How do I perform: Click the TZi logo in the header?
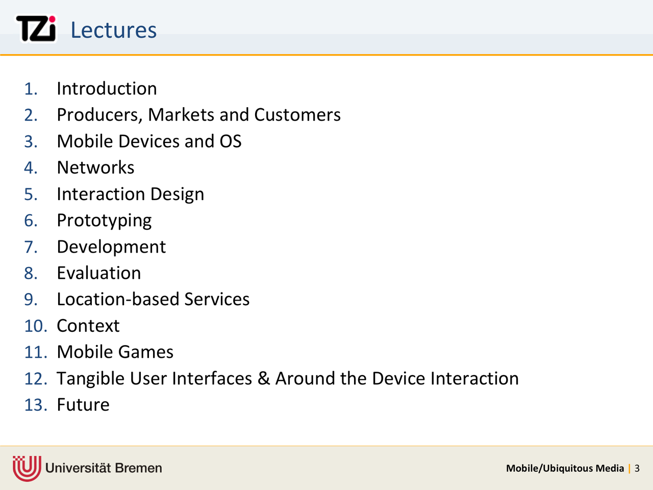click(x=36, y=29)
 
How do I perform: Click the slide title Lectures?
click(x=113, y=30)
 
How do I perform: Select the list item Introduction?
click(x=107, y=88)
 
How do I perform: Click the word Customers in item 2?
click(x=297, y=114)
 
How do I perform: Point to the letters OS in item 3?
click(x=231, y=141)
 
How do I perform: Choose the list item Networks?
click(x=95, y=167)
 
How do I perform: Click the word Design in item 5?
click(x=178, y=194)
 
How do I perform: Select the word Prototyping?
click(x=104, y=221)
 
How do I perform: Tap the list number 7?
click(x=31, y=247)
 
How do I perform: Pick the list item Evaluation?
click(x=99, y=273)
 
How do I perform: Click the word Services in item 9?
click(x=217, y=299)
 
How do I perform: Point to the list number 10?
click(x=35, y=326)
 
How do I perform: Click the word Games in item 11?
click(x=146, y=352)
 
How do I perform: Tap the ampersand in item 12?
click(x=264, y=378)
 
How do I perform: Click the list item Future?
click(x=83, y=405)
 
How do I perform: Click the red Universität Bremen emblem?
click(x=27, y=468)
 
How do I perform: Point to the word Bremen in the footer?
click(x=138, y=468)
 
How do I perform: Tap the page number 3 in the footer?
click(x=637, y=468)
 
